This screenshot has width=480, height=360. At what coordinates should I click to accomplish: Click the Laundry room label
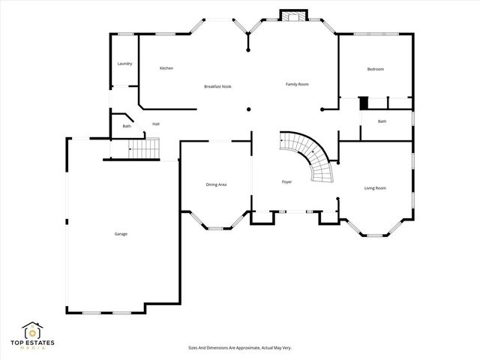[x=124, y=64]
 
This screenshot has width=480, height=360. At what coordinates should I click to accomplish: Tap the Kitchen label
[x=166, y=68]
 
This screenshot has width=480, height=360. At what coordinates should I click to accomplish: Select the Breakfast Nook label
[x=217, y=87]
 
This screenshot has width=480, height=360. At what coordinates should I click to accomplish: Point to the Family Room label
[x=297, y=84]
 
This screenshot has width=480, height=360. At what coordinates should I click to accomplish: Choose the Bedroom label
[x=375, y=69]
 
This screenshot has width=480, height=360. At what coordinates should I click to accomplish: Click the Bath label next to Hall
[x=127, y=126]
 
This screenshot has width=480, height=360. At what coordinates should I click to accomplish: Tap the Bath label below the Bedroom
[x=382, y=121]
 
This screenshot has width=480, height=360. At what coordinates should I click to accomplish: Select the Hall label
[x=156, y=124]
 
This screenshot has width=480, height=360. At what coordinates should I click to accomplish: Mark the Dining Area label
[x=216, y=184]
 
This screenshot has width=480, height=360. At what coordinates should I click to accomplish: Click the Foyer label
[x=286, y=182]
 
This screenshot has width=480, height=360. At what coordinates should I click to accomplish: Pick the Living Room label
[x=375, y=187]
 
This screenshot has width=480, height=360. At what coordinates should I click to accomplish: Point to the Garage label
[x=121, y=234]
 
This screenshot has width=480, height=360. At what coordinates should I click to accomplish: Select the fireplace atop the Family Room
[x=291, y=16]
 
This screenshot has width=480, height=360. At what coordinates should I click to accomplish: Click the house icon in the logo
[x=31, y=331]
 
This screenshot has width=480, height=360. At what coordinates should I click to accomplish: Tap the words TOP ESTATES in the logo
[x=32, y=343]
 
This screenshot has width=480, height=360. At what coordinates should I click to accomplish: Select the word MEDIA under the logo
[x=32, y=349]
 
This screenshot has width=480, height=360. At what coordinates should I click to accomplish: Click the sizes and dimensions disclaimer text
[x=239, y=348]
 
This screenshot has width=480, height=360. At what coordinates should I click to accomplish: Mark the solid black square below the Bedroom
[x=363, y=103]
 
